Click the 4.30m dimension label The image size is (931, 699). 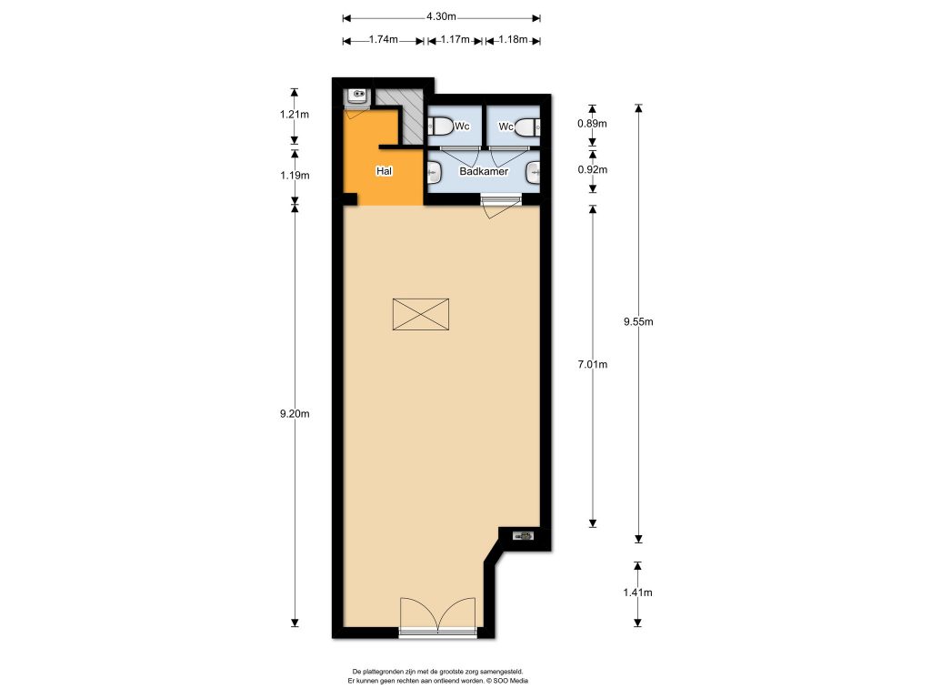coord(441,16)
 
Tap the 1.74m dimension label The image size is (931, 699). coord(381,40)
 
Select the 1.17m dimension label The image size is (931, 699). coord(455,40)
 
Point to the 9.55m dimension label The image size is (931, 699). coord(639,321)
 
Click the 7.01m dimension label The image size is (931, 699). coord(593,364)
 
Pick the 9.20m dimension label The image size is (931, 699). coord(295,414)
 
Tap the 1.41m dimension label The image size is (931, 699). coord(639,593)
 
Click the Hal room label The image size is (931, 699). coord(385,171)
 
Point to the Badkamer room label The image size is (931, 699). coord(484,171)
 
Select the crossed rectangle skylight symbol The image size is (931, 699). coord(421,314)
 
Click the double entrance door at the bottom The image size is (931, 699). coord(437,615)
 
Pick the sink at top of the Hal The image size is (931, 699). coord(356,95)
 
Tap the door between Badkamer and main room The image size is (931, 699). coord(498,206)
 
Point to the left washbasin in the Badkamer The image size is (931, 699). coord(435,170)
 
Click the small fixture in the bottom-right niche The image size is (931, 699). coord(525,536)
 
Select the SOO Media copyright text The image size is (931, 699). coord(437,680)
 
